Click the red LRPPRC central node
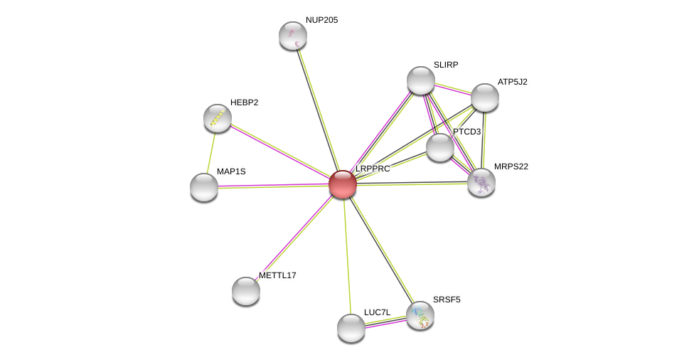pyautogui.click(x=343, y=184)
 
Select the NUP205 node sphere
pyautogui.click(x=292, y=36)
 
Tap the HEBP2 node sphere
pyautogui.click(x=218, y=118)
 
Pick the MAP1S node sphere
pyautogui.click(x=204, y=187)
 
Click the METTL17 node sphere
pyautogui.click(x=245, y=291)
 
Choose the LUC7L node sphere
pyautogui.click(x=351, y=328)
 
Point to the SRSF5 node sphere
pyautogui.click(x=420, y=316)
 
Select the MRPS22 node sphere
pyautogui.click(x=481, y=182)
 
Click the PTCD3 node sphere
pyautogui.click(x=440, y=147)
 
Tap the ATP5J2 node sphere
pyautogui.click(x=485, y=97)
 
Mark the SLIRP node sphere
pyautogui.click(x=420, y=80)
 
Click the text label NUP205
pyautogui.click(x=322, y=20)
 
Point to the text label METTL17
pyautogui.click(x=277, y=275)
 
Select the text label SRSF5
pyautogui.click(x=447, y=300)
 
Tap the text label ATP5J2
pyautogui.click(x=513, y=82)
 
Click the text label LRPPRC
pyautogui.click(x=373, y=169)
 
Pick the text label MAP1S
pyautogui.click(x=231, y=171)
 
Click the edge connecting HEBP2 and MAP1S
pyautogui.click(x=210, y=153)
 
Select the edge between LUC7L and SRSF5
pyautogui.click(x=385, y=322)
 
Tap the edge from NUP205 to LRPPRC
pyautogui.click(x=318, y=110)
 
